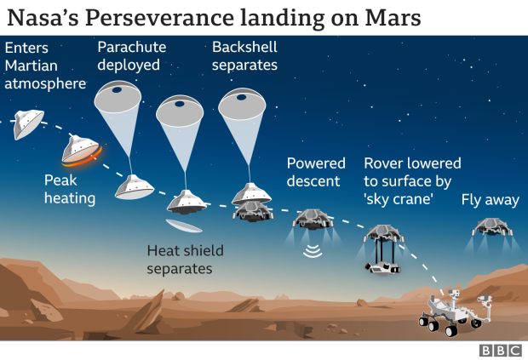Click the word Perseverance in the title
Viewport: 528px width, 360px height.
pos(159,18)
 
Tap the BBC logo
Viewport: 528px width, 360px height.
pos(501,351)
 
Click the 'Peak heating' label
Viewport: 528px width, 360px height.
pos(70,189)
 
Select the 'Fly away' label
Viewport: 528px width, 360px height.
pos(490,200)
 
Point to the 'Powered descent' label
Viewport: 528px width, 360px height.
pos(316,172)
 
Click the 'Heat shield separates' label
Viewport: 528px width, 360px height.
pos(185,260)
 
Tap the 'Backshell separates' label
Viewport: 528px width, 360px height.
pos(244,56)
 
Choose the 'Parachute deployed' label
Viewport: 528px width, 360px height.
pos(132,56)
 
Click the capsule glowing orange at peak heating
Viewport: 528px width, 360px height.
pos(82,151)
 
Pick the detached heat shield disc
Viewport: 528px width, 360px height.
pos(184,226)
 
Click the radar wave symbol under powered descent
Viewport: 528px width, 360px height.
pos(313,251)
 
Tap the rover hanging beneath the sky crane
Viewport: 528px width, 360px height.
pos(382,268)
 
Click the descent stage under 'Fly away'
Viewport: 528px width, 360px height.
pos(492,226)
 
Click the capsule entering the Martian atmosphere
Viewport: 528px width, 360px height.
pos(28,124)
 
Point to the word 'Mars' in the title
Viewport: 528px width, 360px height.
pos(393,18)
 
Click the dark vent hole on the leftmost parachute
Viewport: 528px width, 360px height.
pos(117,90)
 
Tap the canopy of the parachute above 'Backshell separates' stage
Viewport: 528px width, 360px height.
pos(242,104)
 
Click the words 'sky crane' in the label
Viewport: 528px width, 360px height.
pos(399,199)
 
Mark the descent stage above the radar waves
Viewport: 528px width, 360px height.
pos(313,219)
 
